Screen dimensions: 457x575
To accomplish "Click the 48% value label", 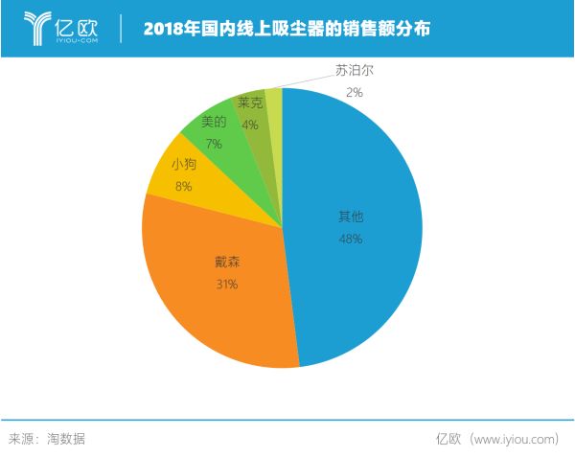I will tap(350, 239).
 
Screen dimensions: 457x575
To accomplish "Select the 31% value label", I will tap(227, 284).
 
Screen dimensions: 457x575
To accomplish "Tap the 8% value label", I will tap(183, 187).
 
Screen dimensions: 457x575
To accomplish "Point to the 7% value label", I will tap(213, 144).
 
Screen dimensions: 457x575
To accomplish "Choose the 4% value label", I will tap(250, 125).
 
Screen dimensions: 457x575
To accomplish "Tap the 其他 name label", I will tap(350, 217).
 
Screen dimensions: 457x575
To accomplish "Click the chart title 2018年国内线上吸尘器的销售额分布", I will tap(287, 29).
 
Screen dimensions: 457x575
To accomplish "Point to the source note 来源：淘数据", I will tap(47, 438).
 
